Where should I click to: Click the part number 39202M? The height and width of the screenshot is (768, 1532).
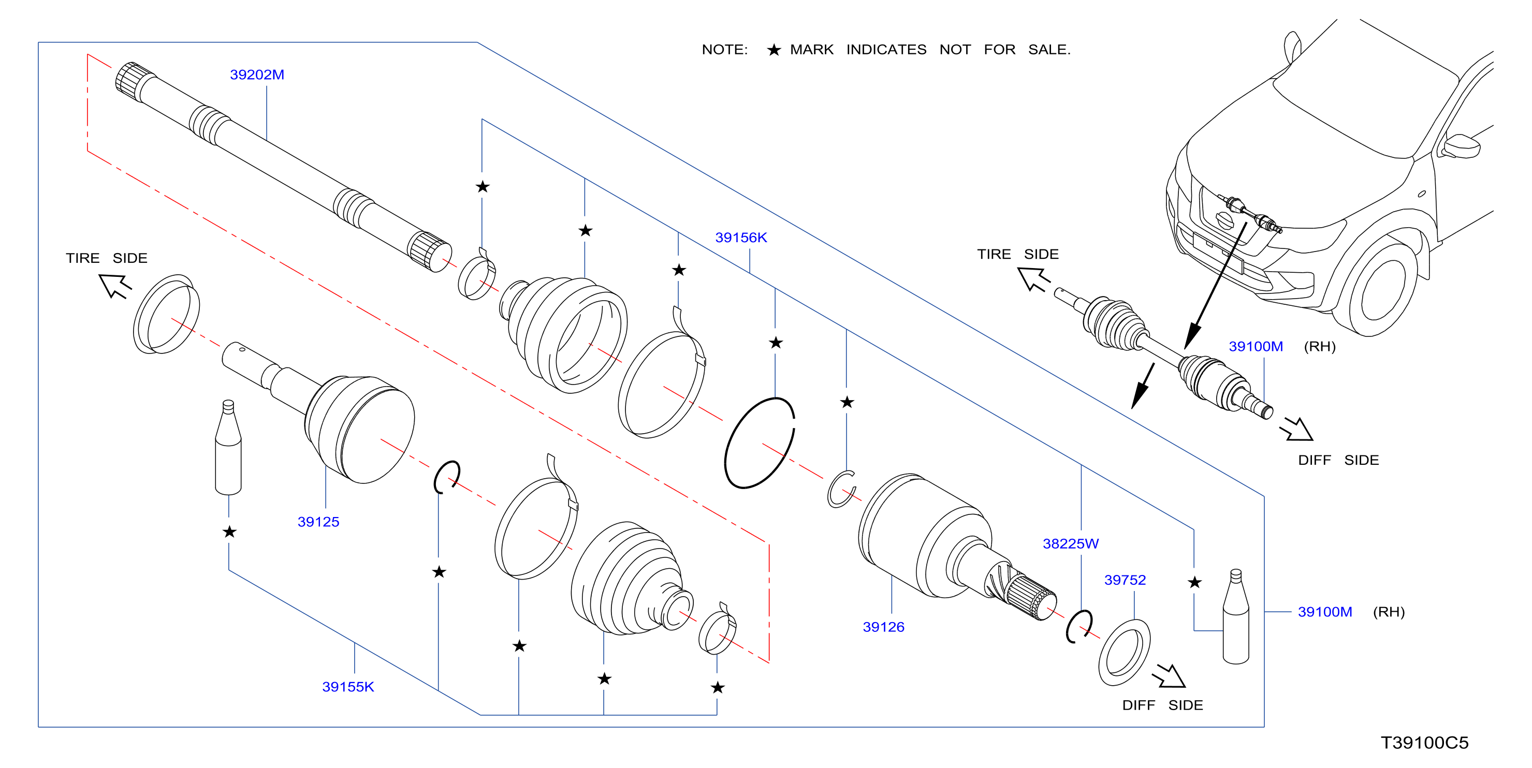coord(257,75)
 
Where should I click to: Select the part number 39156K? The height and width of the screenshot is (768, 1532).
coord(741,238)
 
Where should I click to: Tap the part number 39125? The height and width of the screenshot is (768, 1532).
coord(318,522)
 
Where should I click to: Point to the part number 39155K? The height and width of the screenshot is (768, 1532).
coord(348,687)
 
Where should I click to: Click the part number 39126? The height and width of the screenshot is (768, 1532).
coord(883,627)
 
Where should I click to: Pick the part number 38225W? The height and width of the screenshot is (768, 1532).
coord(1071,544)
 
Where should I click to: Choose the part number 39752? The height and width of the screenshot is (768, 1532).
coord(1125,580)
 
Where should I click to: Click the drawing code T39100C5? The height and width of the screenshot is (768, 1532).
coord(1424,743)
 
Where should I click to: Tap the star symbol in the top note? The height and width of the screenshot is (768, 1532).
coord(774,50)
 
